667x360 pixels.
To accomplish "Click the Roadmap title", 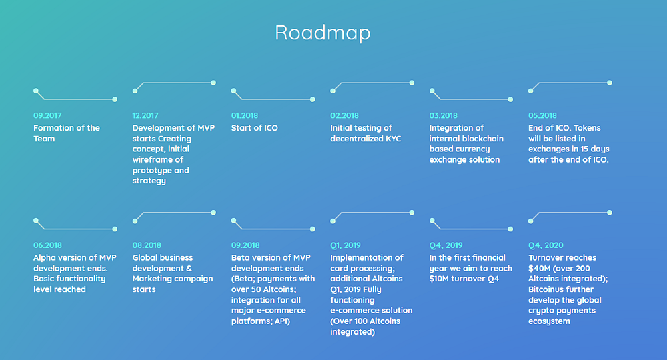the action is pyautogui.click(x=322, y=33).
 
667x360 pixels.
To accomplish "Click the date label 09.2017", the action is pyautogui.click(x=47, y=115).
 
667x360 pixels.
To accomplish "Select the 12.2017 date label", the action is pyautogui.click(x=145, y=115).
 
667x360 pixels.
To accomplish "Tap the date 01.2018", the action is pyautogui.click(x=245, y=115).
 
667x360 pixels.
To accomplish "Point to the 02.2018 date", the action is pyautogui.click(x=345, y=115).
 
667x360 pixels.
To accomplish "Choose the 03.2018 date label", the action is pyautogui.click(x=444, y=115).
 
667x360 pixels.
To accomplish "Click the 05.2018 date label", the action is pyautogui.click(x=542, y=115).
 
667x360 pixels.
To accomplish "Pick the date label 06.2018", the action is pyautogui.click(x=47, y=245).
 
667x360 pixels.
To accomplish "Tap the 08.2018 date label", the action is pyautogui.click(x=147, y=245).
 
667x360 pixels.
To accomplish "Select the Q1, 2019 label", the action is pyautogui.click(x=346, y=245).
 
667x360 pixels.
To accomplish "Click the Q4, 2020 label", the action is pyautogui.click(x=546, y=245).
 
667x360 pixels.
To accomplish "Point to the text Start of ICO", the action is pyautogui.click(x=254, y=128).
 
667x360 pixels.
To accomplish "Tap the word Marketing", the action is pyautogui.click(x=152, y=279).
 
